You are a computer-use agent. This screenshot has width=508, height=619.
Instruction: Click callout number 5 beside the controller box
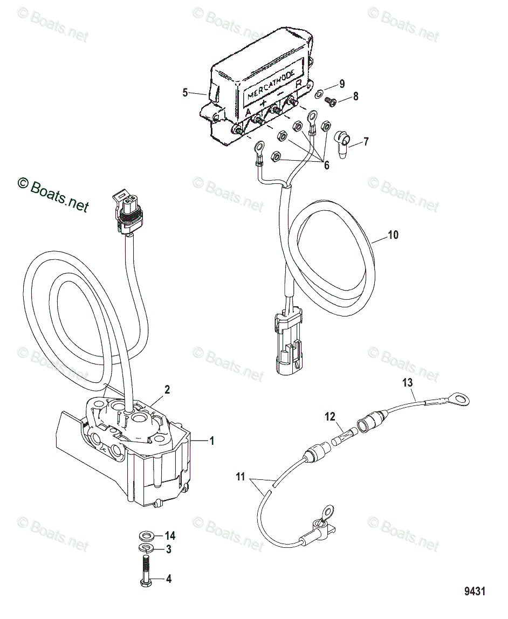point(185,93)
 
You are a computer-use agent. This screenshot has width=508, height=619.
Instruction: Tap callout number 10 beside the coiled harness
point(394,235)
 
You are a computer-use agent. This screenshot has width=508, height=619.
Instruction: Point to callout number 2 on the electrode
point(167,390)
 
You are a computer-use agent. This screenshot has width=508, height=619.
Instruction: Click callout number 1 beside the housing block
point(212,441)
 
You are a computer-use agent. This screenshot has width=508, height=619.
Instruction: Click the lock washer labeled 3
point(144,549)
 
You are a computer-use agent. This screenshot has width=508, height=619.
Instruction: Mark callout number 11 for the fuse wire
point(241,477)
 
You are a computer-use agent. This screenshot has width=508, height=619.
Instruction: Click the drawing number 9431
point(475,592)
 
